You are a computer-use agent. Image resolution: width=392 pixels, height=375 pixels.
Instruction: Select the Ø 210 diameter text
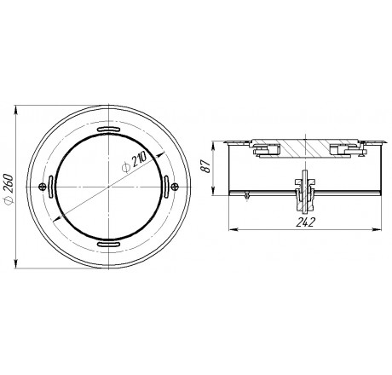(134, 162)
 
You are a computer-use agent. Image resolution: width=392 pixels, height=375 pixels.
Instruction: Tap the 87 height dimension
(206, 166)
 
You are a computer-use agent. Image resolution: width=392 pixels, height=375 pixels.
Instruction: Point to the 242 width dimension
(306, 222)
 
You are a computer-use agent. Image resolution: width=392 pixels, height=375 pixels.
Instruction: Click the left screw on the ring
(42, 187)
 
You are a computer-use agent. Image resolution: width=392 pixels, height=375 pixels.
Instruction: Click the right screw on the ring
(175, 187)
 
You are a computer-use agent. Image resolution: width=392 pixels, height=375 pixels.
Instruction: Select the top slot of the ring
(108, 130)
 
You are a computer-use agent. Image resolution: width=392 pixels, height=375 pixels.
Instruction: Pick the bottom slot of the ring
(108, 244)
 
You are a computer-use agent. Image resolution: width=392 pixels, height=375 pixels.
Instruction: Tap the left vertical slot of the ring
(51, 187)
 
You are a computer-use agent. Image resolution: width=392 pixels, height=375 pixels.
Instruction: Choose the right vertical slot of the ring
(166, 187)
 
